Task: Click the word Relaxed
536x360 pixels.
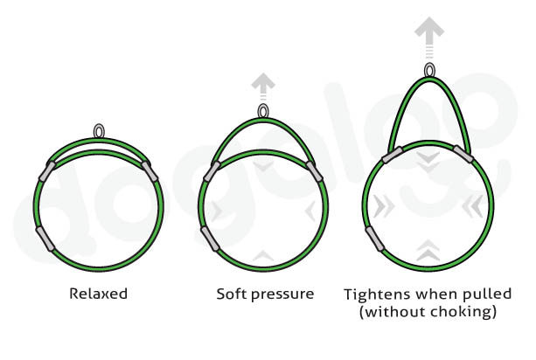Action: (x=98, y=294)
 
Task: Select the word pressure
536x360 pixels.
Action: (x=282, y=294)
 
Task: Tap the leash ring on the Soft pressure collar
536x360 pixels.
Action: (x=263, y=111)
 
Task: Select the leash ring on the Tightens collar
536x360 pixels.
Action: (x=428, y=70)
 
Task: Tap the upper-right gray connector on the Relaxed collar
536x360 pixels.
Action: (x=153, y=171)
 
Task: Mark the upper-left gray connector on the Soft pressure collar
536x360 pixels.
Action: (x=211, y=170)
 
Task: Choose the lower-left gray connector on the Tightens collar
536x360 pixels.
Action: (x=374, y=237)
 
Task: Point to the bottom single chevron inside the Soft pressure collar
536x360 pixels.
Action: (x=263, y=254)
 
